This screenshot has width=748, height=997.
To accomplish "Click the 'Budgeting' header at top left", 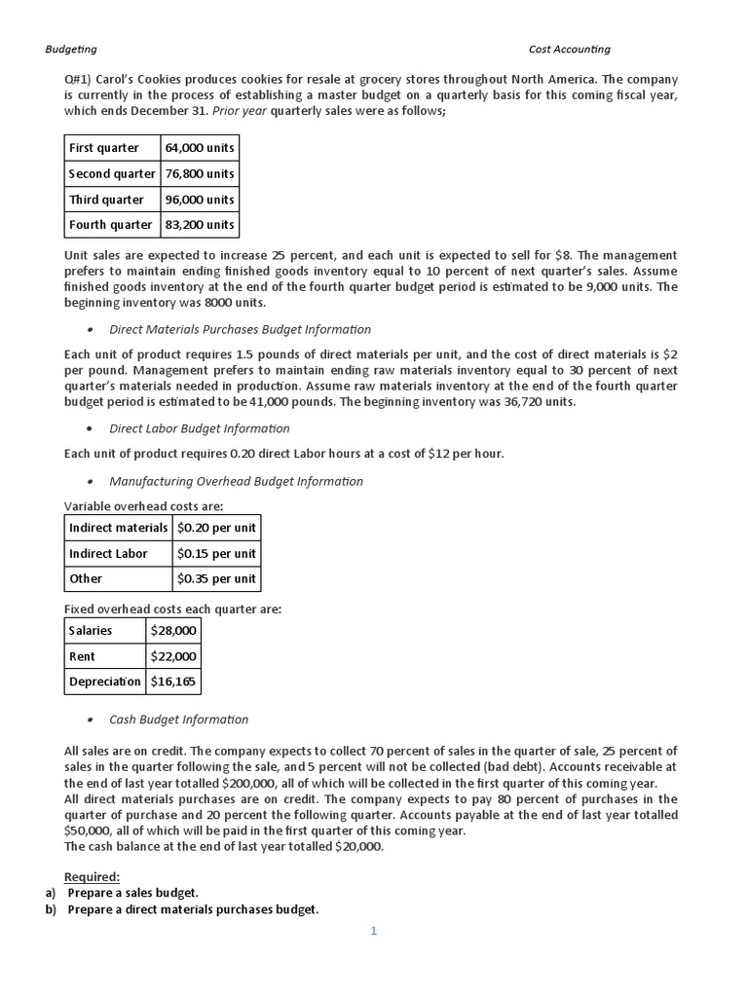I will tap(71, 50).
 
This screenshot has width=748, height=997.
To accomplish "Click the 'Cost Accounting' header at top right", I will tap(569, 50).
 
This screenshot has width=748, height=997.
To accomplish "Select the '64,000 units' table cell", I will tap(200, 148).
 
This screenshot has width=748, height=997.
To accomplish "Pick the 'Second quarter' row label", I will tap(112, 173).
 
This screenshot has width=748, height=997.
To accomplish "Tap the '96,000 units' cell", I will tap(200, 199).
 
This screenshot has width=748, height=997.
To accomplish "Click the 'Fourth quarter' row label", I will tap(110, 224).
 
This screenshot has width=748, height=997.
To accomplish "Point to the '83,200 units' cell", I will tap(200, 224).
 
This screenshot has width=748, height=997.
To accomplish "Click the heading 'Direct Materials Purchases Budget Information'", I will tap(240, 329).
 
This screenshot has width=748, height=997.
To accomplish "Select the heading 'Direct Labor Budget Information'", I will tap(199, 428).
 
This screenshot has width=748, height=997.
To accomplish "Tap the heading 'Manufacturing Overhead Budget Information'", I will tap(236, 481).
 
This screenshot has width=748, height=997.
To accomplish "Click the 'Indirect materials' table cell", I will tap(118, 528).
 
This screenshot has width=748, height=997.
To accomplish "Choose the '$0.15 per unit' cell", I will tap(216, 553).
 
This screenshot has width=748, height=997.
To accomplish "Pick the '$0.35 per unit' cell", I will tap(216, 578).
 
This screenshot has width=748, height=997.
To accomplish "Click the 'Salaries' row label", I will tap(91, 630).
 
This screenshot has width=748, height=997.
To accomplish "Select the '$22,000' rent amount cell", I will tap(173, 656).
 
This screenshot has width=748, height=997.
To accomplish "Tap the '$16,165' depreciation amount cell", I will tap(173, 682).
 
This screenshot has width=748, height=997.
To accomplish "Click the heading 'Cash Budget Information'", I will tap(178, 720).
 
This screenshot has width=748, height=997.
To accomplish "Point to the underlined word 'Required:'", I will tap(92, 876).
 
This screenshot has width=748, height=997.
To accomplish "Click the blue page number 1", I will tap(373, 931).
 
